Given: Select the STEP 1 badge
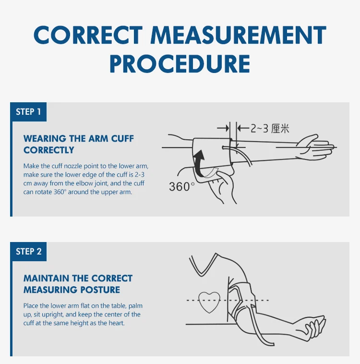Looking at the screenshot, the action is coord(28,112).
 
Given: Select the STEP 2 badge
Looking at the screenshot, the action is coord(28,252).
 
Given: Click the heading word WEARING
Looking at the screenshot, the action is coord(45,139).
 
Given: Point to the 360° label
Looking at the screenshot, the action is coord(182,186).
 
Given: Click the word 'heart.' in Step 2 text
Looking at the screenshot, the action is coord(116,323).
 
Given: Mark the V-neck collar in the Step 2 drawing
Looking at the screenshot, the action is coord(204,269).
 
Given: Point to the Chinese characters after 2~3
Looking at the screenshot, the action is coord(280,128).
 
